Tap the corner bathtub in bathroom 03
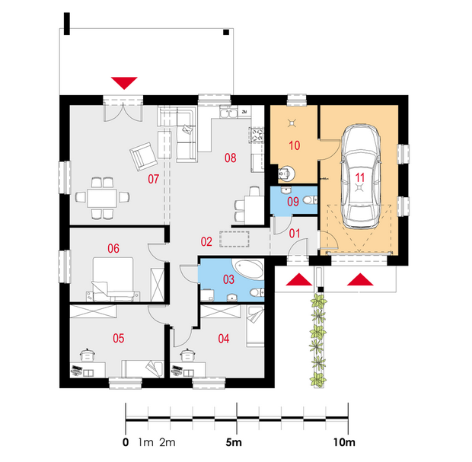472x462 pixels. pos(249,269)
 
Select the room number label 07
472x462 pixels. pos(153,179)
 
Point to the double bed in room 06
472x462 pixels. pos(113,278)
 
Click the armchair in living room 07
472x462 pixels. pos(144,157)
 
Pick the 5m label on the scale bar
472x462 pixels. pos(234,442)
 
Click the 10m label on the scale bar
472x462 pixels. pos(344,442)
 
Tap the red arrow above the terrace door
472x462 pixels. pos(124,83)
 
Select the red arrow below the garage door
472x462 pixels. pos(360,279)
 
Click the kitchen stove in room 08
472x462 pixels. pos(257,135)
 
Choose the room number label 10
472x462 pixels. pos(295,145)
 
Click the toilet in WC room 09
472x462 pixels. pos(310,200)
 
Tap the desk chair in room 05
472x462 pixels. pos(88,355)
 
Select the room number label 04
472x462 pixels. pos(224,339)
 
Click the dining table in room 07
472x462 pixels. pos(102,198)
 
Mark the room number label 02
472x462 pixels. pos(206,242)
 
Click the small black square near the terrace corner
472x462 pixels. pos(226,32)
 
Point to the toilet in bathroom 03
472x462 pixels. pos(257,292)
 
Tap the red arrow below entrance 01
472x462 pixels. pos(299,279)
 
